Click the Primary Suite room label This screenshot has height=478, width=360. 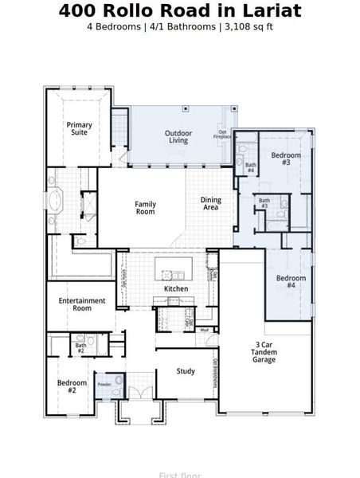click(79, 128)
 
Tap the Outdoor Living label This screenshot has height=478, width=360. click(177, 136)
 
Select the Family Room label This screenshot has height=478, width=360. click(145, 208)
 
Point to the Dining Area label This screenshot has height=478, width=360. click(210, 204)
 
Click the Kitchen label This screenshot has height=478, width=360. click(175, 288)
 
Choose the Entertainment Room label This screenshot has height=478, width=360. click(82, 304)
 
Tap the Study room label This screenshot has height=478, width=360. click(186, 370)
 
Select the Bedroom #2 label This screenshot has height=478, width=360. click(72, 386)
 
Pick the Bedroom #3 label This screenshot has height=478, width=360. click(286, 158)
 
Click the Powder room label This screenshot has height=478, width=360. click(104, 384)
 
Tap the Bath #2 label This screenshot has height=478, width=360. click(80, 347)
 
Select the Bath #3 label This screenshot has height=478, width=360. click(264, 203)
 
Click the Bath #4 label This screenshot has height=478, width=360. click(250, 167)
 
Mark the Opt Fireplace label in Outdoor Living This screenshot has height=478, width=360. click(223, 134)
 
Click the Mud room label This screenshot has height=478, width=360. click(204, 329)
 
